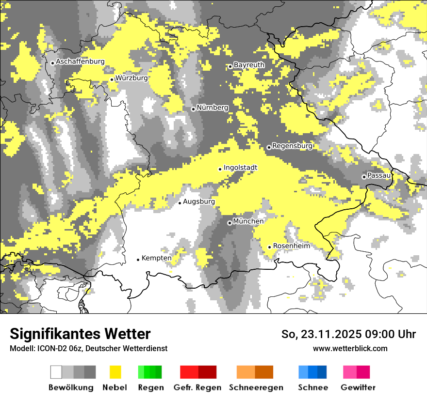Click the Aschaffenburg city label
(80, 62)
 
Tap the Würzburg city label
(131, 77)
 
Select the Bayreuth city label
(249, 65)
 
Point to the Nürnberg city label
(213, 108)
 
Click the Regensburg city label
(292, 145)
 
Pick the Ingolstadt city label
(240, 168)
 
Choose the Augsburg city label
(199, 201)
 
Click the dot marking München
(230, 223)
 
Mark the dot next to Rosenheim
(269, 247)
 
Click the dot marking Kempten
(138, 260)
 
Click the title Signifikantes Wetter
(80, 334)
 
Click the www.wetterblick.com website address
(350, 348)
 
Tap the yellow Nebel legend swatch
(115, 372)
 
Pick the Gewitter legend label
(358, 387)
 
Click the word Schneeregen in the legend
(256, 387)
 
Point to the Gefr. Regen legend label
(197, 387)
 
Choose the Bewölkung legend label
(71, 387)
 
